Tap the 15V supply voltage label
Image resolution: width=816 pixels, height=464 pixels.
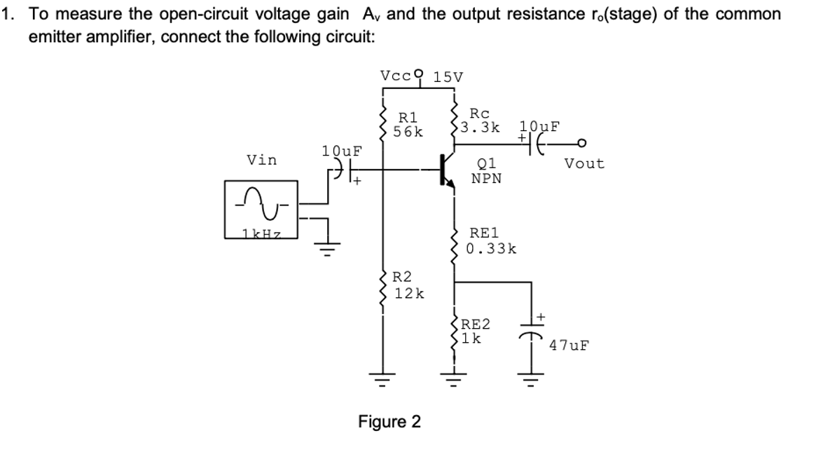click(x=448, y=76)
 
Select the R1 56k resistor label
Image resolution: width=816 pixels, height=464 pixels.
click(x=408, y=125)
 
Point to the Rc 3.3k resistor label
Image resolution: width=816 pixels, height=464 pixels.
click(x=480, y=121)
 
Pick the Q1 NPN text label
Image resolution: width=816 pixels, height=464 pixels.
click(x=486, y=172)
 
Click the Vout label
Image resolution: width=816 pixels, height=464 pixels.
click(x=583, y=163)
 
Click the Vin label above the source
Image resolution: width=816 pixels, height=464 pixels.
click(x=261, y=160)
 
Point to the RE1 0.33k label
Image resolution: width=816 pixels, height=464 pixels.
click(x=492, y=240)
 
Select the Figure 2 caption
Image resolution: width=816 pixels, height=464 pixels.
click(x=389, y=422)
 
